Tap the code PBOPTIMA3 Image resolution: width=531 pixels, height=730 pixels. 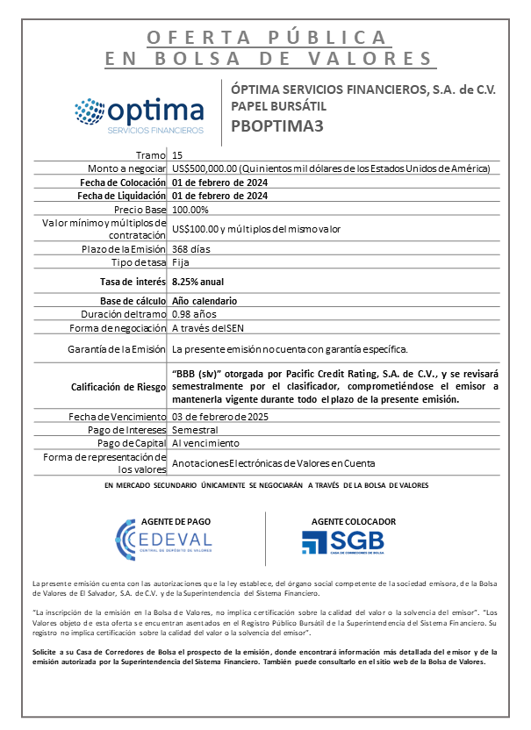pyautogui.click(x=277, y=125)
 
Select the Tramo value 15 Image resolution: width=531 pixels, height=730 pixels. pyautogui.click(x=177, y=155)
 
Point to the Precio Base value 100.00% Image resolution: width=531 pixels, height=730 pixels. pyautogui.click(x=190, y=211)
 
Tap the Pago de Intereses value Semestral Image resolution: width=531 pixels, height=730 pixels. pyautogui.click(x=196, y=430)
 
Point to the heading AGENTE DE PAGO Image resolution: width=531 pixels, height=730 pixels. pyautogui.click(x=164, y=520)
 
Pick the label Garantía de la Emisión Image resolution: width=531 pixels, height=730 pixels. pyautogui.click(x=117, y=349)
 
